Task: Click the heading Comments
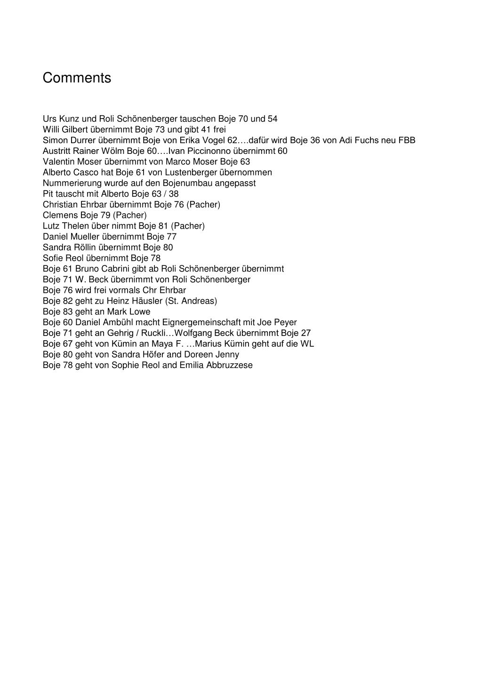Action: (77, 78)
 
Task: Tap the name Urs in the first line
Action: (49, 119)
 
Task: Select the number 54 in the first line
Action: (273, 119)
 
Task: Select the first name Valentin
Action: (58, 161)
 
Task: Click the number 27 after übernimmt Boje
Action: (305, 333)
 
